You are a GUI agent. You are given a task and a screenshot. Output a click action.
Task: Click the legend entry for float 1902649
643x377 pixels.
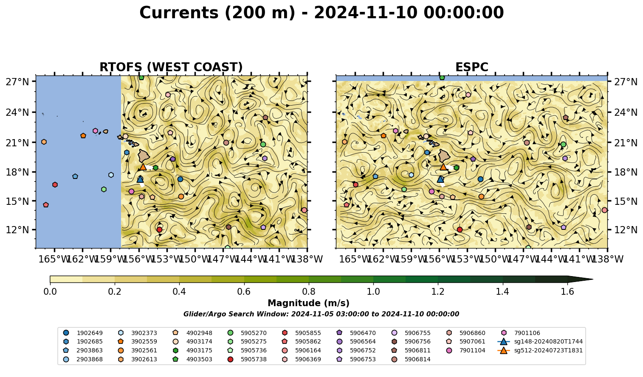[x=83, y=333]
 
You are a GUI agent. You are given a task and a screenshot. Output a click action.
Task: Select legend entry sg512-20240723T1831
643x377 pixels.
[x=540, y=350]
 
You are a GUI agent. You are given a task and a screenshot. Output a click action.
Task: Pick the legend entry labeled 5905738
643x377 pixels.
[x=247, y=359]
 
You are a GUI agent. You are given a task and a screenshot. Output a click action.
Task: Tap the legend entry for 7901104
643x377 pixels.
[x=465, y=350]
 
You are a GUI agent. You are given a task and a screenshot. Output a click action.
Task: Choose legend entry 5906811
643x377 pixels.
[x=411, y=350]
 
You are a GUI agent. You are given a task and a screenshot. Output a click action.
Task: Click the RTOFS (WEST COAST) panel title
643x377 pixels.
[x=171, y=67]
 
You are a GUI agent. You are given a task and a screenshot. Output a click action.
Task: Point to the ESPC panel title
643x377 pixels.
[x=471, y=67]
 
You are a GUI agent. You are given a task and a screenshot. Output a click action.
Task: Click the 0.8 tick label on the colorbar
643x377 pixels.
[x=309, y=292]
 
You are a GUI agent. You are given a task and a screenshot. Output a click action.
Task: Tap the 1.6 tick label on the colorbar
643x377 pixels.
[x=567, y=292]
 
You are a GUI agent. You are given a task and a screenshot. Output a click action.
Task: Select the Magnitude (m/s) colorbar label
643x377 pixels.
[x=309, y=303]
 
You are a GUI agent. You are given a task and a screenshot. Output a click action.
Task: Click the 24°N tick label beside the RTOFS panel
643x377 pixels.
[x=17, y=112]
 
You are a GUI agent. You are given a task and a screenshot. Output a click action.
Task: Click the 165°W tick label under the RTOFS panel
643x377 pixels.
[x=54, y=259]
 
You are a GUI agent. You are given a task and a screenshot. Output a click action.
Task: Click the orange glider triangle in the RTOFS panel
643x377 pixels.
[x=143, y=167]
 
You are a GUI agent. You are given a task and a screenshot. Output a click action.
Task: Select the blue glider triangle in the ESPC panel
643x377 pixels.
[x=440, y=179]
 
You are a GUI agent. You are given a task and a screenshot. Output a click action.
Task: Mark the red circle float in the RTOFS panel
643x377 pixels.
[x=160, y=229]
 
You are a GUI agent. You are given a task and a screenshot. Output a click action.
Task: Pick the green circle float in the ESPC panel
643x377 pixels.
[x=563, y=144]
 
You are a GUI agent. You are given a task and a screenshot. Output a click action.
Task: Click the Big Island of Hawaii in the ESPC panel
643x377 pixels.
[x=444, y=156]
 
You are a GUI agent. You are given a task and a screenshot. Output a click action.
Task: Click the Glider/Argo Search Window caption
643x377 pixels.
[x=321, y=314]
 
